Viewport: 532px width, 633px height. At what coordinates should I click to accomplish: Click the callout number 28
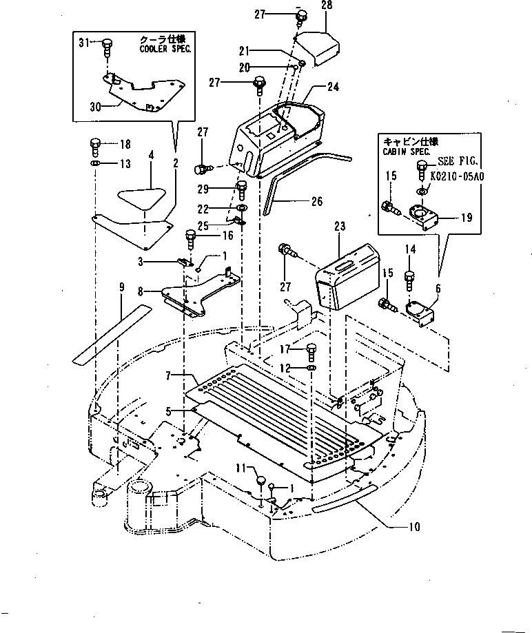(326, 6)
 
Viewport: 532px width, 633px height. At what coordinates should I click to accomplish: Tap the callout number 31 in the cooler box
(83, 43)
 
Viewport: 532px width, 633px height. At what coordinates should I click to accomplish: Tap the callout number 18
(124, 144)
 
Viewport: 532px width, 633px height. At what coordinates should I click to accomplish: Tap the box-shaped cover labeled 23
(347, 278)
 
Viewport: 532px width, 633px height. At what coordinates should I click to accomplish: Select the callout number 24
(333, 87)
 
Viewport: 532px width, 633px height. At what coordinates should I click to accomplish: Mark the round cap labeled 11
(262, 480)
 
